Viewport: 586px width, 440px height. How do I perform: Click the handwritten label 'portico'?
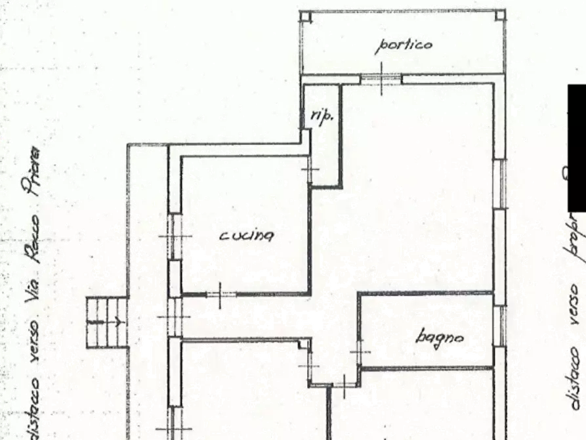404,45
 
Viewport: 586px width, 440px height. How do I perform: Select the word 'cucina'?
246,235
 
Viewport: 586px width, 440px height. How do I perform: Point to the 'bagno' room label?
440,337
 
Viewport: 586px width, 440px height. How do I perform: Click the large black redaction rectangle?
576,148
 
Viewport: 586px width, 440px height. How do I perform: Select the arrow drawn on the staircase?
105,322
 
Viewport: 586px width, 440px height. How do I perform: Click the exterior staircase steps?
106,322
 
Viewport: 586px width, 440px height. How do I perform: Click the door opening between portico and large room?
381,79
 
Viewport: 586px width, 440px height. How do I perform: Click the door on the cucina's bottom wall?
219,294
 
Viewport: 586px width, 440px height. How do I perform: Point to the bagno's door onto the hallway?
360,353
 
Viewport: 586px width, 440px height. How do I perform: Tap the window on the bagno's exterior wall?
500,326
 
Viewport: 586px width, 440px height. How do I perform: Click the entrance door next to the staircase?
173,318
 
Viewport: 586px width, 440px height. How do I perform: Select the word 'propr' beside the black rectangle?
575,232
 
